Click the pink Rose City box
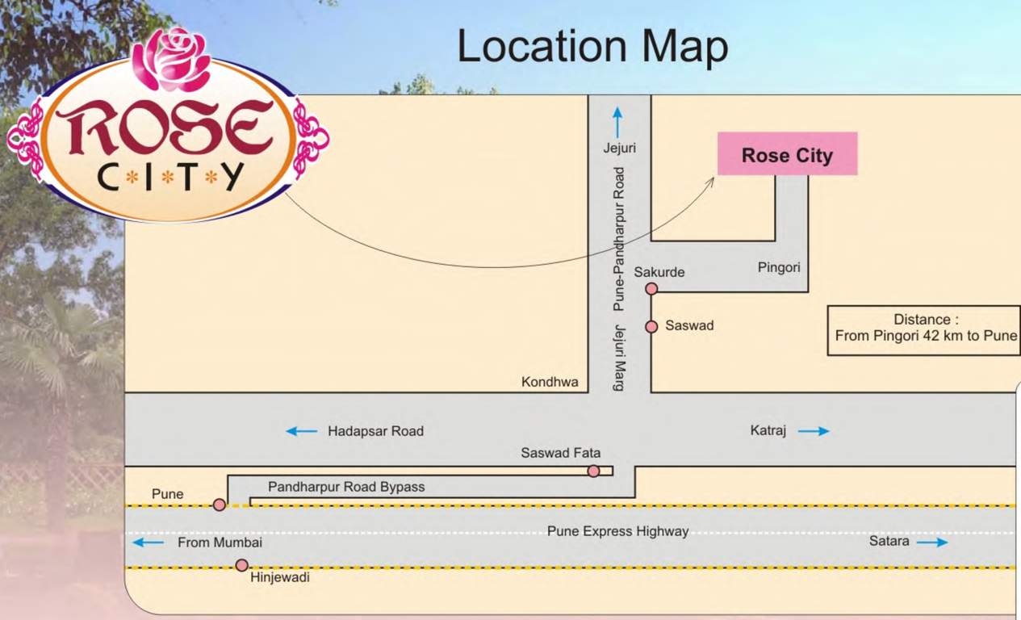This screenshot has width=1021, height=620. point(787,154)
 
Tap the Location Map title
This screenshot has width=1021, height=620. point(592,47)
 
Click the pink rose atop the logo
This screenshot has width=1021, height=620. point(172,58)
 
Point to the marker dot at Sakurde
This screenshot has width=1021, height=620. point(651,289)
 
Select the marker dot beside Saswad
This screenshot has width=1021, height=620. point(651,326)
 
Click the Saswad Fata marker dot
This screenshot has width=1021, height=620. point(593,471)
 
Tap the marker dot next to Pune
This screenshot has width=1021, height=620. point(219,505)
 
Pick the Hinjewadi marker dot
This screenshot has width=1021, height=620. point(241,565)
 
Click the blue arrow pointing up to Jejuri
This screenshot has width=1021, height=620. point(618,122)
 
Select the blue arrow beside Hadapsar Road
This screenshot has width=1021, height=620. point(302,431)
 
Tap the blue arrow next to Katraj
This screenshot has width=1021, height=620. point(814,431)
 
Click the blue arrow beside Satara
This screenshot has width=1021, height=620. point(932,542)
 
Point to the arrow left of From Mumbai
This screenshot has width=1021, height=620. point(149,542)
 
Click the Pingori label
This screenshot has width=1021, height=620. point(779,266)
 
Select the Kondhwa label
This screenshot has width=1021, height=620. point(550,382)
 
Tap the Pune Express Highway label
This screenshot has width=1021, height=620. point(617,531)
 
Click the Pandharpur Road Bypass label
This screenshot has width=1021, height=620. point(346,487)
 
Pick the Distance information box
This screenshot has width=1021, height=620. point(923,329)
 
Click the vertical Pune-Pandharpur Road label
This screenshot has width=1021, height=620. point(619,239)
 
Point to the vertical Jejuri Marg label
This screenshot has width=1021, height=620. point(619,358)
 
